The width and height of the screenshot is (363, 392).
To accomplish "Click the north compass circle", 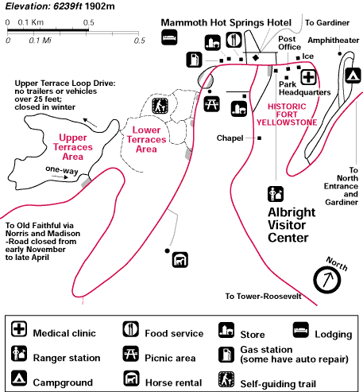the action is coord(326,280).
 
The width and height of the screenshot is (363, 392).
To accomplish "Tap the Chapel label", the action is coord(230,138).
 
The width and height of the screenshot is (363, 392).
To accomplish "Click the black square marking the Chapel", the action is coord(260,138).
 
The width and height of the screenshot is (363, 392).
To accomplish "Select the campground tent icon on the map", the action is coord(353,76).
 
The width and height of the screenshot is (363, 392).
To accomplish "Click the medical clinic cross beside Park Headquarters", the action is coord(308,77).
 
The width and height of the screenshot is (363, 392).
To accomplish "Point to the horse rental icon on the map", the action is coord(180,260).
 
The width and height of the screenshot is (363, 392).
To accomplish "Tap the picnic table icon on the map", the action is coord(211,103).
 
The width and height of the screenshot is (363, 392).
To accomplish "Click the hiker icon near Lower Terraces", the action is coord(160,106).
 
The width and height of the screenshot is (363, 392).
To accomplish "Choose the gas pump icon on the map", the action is coord(194,60).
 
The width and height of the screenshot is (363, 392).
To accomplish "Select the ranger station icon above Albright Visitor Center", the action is coord(276,194).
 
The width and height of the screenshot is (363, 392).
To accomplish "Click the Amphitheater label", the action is coord(334,41).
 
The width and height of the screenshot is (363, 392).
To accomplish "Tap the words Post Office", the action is coord(289,43).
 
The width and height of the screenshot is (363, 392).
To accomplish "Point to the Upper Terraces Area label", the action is coord(73,147).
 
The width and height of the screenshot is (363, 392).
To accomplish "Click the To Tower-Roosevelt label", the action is coord(263,296).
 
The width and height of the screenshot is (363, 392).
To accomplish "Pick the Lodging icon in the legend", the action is coord(301,330).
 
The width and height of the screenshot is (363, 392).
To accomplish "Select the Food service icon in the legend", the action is coord(130,329).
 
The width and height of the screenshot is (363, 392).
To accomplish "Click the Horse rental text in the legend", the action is coord(174,382).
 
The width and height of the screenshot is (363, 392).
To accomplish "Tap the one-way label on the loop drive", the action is coord(62,170).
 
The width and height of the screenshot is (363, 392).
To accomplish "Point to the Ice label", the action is coord(308,56).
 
